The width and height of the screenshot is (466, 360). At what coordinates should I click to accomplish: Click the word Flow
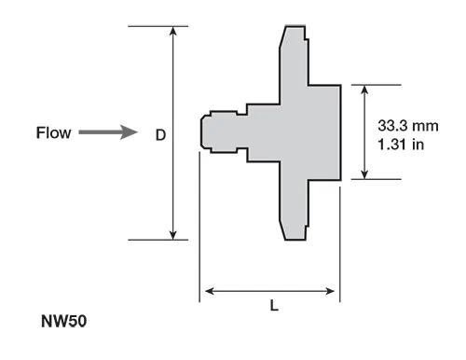click(54, 132)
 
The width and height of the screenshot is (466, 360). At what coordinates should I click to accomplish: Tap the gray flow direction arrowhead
click(129, 132)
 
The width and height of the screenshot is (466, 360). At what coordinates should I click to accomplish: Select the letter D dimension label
click(160, 135)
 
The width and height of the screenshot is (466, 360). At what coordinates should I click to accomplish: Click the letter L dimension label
click(274, 306)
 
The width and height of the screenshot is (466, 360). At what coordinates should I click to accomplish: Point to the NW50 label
click(63, 321)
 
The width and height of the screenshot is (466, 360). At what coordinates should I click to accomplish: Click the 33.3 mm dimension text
click(408, 126)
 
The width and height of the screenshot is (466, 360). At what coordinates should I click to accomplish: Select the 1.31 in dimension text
click(401, 145)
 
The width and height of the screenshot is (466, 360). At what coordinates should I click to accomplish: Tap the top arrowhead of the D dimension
click(173, 31)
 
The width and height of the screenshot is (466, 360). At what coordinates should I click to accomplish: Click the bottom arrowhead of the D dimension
click(173, 235)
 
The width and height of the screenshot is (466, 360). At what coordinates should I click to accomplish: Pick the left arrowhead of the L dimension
click(210, 291)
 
